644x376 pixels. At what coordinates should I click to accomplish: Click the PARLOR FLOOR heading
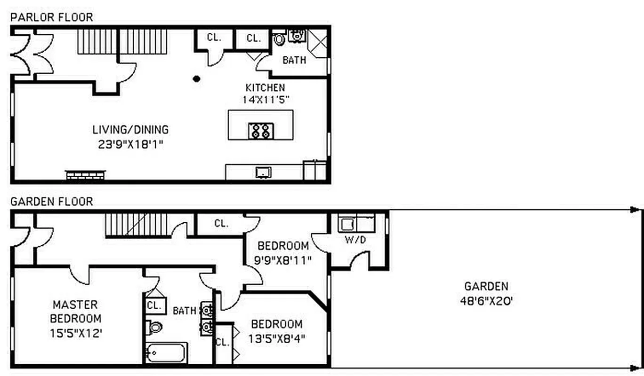click(52, 17)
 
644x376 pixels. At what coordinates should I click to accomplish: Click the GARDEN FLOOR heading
click(52, 202)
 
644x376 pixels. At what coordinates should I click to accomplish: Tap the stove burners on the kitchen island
click(261, 131)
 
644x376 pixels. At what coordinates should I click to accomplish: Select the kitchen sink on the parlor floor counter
click(263, 172)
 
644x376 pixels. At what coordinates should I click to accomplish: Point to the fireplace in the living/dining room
click(85, 175)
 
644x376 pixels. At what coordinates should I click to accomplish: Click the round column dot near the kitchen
click(197, 79)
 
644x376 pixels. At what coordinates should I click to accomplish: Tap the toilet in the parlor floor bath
click(279, 39)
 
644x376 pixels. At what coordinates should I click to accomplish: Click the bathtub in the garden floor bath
click(166, 352)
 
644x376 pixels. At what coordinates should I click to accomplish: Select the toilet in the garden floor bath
click(154, 326)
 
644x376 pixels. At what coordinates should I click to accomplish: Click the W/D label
click(355, 240)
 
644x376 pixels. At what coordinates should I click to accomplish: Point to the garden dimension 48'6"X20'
click(486, 300)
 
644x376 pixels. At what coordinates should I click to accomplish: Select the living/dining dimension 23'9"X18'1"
click(130, 144)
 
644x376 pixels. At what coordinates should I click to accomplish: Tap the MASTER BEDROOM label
click(76, 312)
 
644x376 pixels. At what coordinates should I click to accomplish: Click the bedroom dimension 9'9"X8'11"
click(283, 259)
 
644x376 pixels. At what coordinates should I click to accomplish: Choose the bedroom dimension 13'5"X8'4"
click(276, 338)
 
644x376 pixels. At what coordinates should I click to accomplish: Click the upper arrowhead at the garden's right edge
click(635, 210)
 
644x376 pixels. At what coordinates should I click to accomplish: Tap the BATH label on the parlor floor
click(294, 60)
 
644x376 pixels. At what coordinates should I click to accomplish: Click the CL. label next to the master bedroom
click(154, 305)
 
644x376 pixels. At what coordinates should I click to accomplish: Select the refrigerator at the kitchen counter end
click(314, 170)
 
